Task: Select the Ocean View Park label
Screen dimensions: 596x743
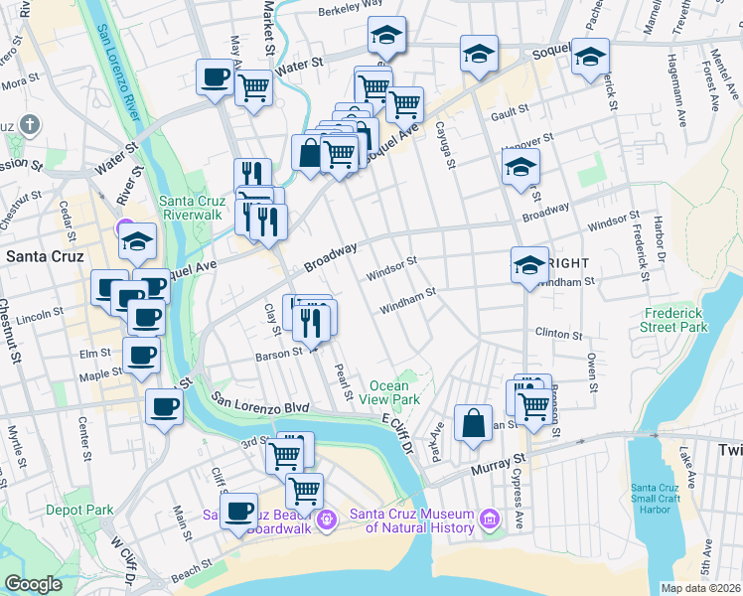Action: pyautogui.click(x=394, y=392)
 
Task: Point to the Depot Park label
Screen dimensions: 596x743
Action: pyautogui.click(x=78, y=509)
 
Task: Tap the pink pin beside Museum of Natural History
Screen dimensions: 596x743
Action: pyautogui.click(x=488, y=519)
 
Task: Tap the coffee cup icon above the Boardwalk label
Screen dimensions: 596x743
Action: pyautogui.click(x=238, y=511)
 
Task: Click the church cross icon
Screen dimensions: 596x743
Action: pyautogui.click(x=31, y=125)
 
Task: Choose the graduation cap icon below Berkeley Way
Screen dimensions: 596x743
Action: pyautogui.click(x=385, y=36)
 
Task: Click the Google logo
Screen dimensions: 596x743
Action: pyautogui.click(x=33, y=584)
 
